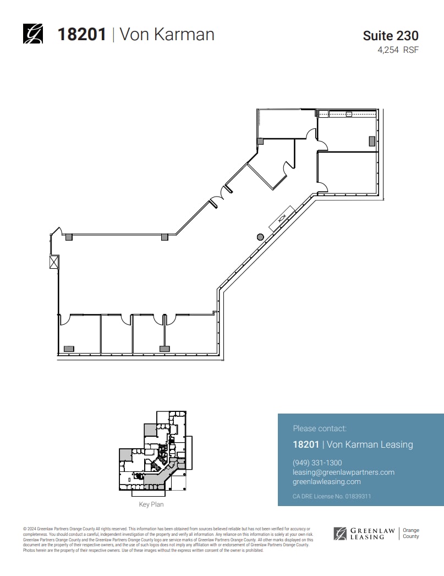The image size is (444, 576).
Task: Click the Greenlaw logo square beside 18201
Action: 32,34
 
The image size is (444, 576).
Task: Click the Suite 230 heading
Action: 390,36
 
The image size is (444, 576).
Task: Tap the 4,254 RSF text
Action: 397,50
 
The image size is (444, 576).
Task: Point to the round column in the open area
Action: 260,237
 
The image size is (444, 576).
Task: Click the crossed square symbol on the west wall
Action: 54,262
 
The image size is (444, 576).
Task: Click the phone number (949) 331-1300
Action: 317,463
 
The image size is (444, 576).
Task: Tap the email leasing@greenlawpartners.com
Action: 343,472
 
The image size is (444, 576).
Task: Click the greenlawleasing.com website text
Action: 327,481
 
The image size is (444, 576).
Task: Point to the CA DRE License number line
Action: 332,496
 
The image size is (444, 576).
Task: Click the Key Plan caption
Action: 151,504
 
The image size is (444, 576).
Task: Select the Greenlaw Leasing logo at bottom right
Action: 364,533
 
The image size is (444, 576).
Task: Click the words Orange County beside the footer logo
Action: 410,533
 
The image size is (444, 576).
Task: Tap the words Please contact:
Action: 320,428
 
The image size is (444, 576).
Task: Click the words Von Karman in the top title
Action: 167,34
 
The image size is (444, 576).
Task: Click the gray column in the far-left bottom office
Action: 69,348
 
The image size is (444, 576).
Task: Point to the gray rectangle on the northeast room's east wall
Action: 372,140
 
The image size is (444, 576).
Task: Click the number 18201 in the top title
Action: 82,34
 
